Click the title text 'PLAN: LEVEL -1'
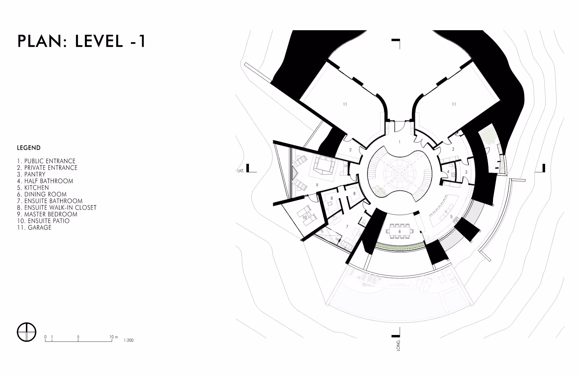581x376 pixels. pos(82,41)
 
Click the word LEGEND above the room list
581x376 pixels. pos(29,148)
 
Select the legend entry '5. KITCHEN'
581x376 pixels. pos(33,188)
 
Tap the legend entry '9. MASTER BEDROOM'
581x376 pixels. pos(47,214)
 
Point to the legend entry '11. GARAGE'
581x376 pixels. pos(34,228)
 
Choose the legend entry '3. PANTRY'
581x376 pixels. pos(31,174)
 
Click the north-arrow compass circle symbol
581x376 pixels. pos(27,332)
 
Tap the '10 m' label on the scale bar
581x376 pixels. pos(114,337)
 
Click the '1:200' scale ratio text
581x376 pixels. pos(129,340)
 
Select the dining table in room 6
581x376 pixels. pos(400,231)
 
